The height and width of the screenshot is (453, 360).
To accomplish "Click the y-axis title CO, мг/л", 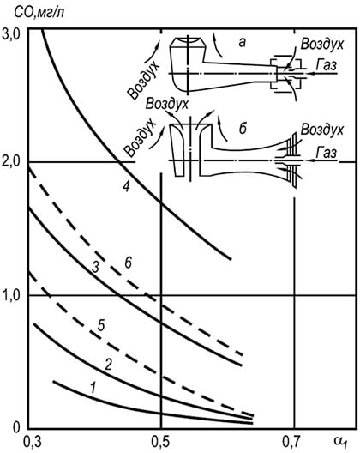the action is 39,13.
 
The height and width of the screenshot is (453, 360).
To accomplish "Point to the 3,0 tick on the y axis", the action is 10,35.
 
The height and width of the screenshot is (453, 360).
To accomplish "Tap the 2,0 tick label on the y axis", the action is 10,162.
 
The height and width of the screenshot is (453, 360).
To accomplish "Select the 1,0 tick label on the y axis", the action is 10,295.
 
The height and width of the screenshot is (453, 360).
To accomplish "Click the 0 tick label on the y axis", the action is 16,428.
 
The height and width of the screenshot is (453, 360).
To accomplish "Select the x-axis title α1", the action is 341,442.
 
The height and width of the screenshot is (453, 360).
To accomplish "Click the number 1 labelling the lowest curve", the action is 93,388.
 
